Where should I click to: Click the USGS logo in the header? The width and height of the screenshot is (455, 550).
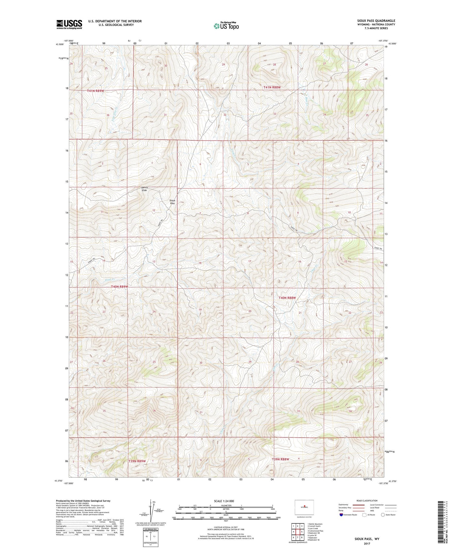click(x=69, y=24)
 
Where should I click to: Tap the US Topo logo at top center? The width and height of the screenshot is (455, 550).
click(x=226, y=26)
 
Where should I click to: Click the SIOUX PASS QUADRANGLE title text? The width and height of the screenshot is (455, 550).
click(x=376, y=21)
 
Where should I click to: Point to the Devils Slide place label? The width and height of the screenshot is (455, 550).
click(x=144, y=189)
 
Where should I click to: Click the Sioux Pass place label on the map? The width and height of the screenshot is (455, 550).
click(x=172, y=202)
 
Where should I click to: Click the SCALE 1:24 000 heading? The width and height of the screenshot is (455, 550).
click(x=226, y=501)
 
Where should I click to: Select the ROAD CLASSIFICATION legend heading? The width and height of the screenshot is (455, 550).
click(x=367, y=501)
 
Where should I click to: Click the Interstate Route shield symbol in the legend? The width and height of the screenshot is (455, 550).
click(x=341, y=515)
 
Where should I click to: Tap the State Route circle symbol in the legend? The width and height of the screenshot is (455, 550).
click(x=383, y=515)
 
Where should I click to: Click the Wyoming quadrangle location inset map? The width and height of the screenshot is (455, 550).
click(x=304, y=507)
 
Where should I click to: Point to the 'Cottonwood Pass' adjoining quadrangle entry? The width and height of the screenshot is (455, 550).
click(x=315, y=531)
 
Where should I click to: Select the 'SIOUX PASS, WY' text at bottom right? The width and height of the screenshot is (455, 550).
click(x=367, y=539)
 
